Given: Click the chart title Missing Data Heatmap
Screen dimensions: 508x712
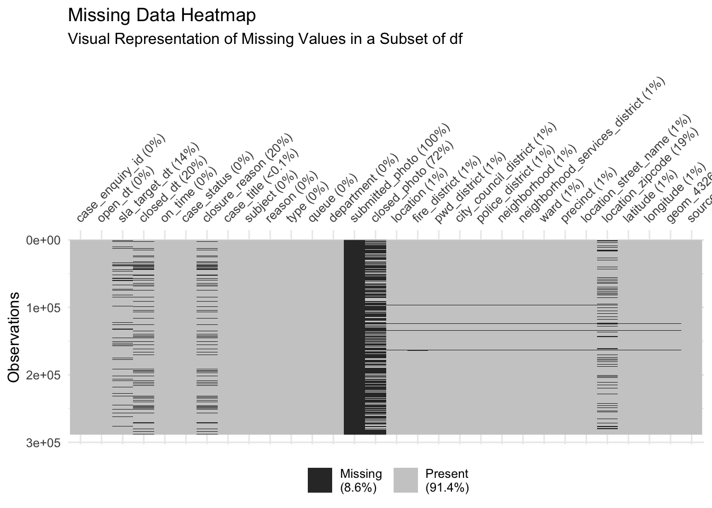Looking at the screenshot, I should (x=162, y=15).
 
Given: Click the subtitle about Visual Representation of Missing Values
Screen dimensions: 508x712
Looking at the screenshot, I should (x=265, y=39).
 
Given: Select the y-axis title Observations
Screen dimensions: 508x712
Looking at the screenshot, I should (x=14, y=337).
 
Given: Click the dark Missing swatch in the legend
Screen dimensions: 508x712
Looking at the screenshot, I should (x=320, y=480).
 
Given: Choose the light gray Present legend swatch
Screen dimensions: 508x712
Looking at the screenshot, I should (x=406, y=480).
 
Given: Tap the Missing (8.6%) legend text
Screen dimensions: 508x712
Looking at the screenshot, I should (x=360, y=480).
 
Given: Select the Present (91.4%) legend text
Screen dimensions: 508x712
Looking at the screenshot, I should (x=447, y=480).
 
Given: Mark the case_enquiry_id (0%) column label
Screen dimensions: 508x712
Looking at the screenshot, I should (x=121, y=178).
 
